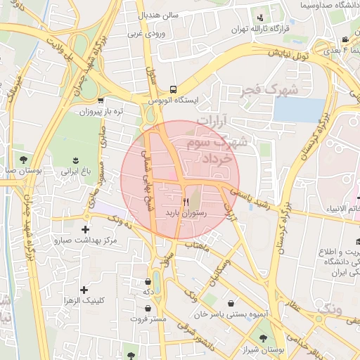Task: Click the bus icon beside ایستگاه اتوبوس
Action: click(173, 89)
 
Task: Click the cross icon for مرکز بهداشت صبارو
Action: click(86, 229)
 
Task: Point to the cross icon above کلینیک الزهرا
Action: click(84, 289)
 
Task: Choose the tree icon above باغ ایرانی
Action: click(76, 160)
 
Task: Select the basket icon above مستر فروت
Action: click(148, 308)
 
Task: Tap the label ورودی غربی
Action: click(146, 32)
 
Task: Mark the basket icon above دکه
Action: click(148, 280)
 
